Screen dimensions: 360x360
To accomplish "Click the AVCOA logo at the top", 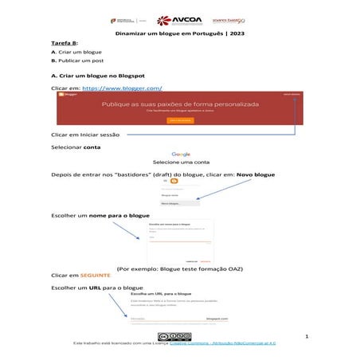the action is coord(178,20).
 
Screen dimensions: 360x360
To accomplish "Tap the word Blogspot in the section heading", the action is coord(132,75).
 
